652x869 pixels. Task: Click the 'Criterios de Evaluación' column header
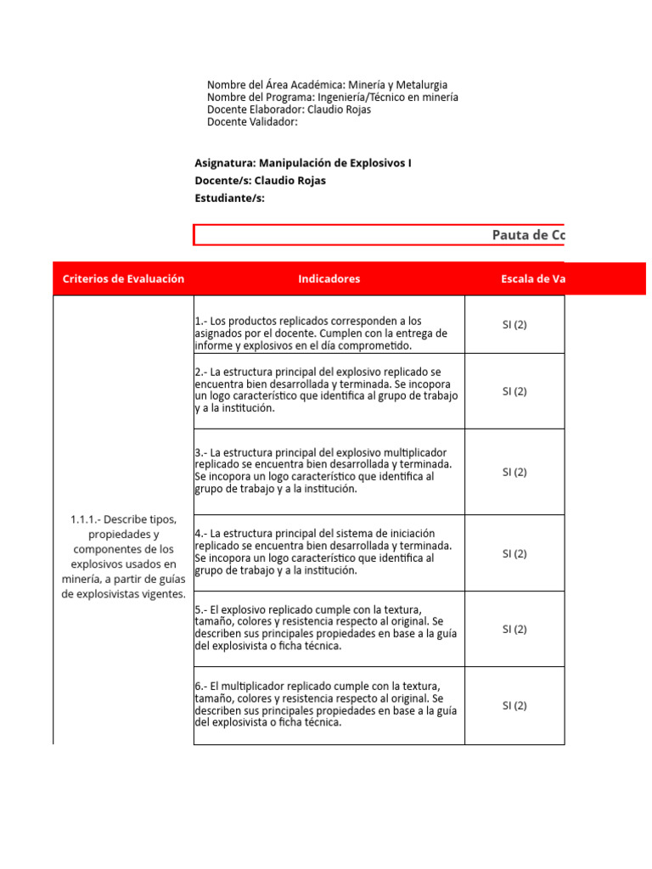(x=123, y=278)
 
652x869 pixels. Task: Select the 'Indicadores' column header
(x=329, y=278)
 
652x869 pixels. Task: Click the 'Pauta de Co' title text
(x=528, y=235)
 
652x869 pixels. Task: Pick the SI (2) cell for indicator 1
(x=514, y=325)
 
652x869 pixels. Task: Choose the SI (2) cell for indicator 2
(x=514, y=391)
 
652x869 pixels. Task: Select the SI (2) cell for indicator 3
(x=514, y=472)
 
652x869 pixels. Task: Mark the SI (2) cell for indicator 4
(x=514, y=553)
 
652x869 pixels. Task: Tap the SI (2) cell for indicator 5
(x=514, y=629)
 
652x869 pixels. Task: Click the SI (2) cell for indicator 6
(x=514, y=705)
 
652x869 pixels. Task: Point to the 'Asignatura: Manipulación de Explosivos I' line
(x=302, y=162)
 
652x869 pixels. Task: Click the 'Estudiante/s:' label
(x=229, y=198)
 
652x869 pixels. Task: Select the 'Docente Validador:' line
(x=252, y=121)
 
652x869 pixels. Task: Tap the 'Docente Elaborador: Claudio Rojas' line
(x=289, y=109)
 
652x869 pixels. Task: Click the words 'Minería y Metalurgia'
(x=397, y=85)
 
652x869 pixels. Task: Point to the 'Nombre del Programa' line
(x=332, y=97)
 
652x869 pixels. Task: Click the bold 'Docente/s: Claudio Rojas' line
(x=260, y=180)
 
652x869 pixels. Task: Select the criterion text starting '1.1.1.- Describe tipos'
(x=123, y=556)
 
